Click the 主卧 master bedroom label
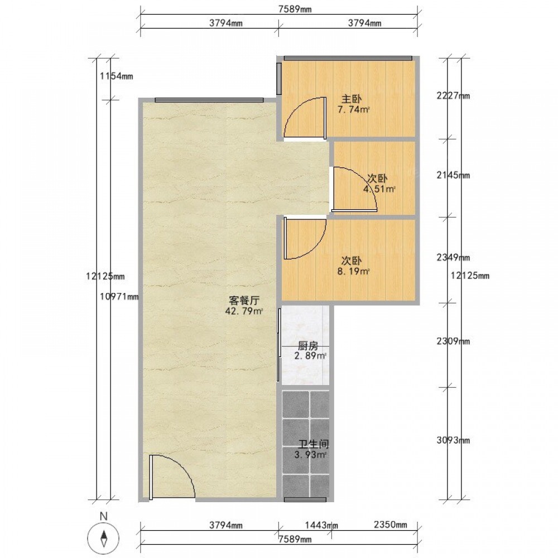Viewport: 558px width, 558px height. pyautogui.click(x=352, y=99)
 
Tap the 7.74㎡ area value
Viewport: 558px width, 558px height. pyautogui.click(x=353, y=109)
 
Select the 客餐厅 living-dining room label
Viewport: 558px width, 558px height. pyautogui.click(x=244, y=301)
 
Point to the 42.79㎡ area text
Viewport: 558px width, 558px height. pyautogui.click(x=244, y=311)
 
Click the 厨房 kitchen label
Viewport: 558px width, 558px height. pyautogui.click(x=308, y=345)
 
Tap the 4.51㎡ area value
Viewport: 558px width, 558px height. pyautogui.click(x=379, y=189)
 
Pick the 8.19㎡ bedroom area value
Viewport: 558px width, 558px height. pyautogui.click(x=353, y=272)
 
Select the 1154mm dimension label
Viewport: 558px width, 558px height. pyautogui.click(x=117, y=76)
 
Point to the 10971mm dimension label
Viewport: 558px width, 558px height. pyautogui.click(x=119, y=296)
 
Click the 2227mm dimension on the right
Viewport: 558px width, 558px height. pyautogui.click(x=453, y=96)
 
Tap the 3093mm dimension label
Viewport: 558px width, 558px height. pyautogui.click(x=453, y=440)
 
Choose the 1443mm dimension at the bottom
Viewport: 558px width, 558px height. pyautogui.click(x=322, y=525)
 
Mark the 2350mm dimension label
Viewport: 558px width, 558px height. pyautogui.click(x=391, y=524)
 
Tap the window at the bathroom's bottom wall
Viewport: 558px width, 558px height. pyautogui.click(x=305, y=499)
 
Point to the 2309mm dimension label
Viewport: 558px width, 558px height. pyautogui.click(x=453, y=341)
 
